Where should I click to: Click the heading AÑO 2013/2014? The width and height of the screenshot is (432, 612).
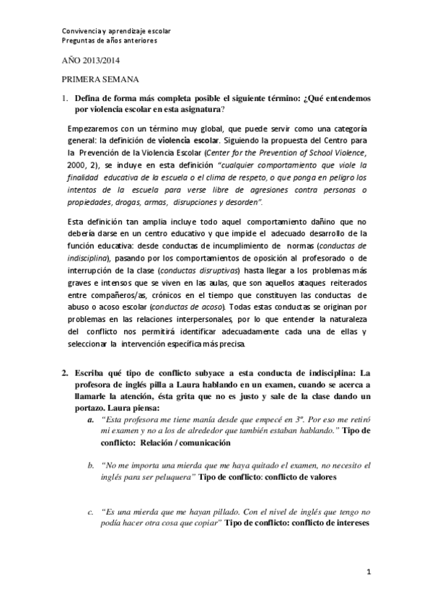pyautogui.click(x=89, y=64)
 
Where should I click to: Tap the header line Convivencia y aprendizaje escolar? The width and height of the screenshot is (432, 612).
pyautogui.click(x=115, y=31)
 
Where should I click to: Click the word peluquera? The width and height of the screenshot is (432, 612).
pyautogui.click(x=172, y=477)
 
